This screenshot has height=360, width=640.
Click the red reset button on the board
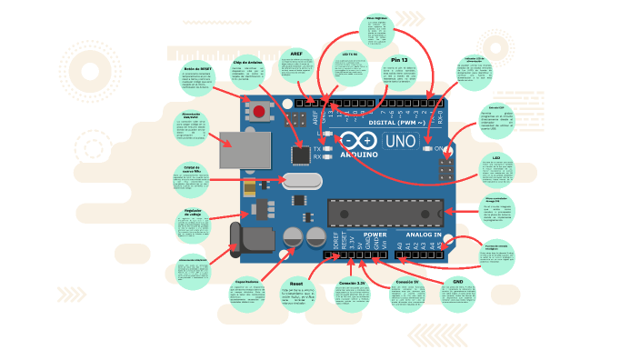point(260,113)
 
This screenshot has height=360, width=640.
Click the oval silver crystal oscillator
point(298,181)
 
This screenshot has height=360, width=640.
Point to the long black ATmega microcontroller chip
point(385,213)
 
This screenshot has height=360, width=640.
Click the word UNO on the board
point(401,142)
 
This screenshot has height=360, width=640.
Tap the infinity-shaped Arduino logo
point(358,141)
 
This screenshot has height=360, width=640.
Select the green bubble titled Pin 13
point(398,74)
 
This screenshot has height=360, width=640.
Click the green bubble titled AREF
point(295,66)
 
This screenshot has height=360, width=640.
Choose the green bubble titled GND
point(457,295)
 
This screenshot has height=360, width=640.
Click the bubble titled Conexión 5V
point(405,296)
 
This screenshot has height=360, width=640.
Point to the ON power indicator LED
point(427,148)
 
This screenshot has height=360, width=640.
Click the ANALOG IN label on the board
point(419,235)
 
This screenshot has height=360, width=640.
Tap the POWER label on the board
point(375,235)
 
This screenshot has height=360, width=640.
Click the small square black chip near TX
point(301,154)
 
